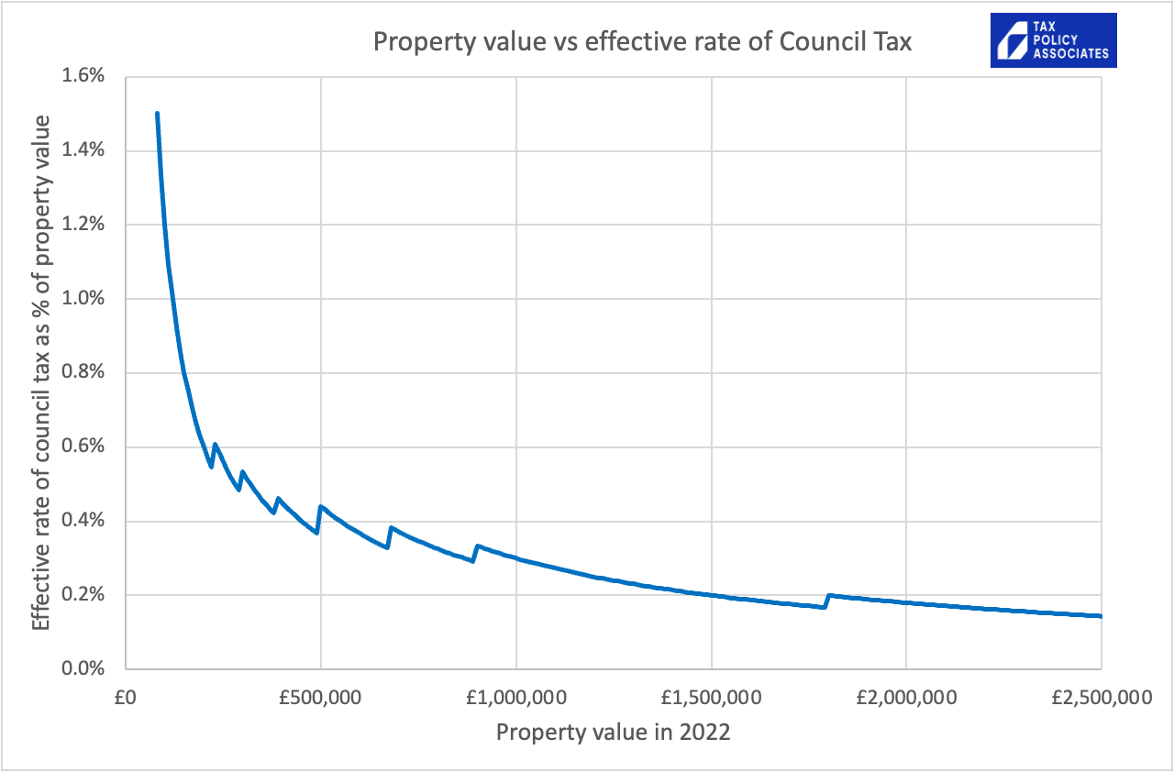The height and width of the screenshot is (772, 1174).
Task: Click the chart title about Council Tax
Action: pos(641,42)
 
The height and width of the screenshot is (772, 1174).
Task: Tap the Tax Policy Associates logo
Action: pos(1053,40)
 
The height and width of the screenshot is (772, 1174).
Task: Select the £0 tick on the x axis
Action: pos(126,698)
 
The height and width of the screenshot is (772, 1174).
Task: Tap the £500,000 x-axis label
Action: pos(321,698)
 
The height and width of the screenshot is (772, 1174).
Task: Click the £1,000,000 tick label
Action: pos(515,698)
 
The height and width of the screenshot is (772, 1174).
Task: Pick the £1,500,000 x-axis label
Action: pos(711,698)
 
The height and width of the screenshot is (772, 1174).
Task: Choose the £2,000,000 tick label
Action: pos(905,698)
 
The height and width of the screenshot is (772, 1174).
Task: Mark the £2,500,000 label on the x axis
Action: pos(1100,698)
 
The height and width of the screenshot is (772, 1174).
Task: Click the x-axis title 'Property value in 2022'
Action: pos(613,733)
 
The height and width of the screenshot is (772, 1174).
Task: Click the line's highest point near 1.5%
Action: pos(158,114)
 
